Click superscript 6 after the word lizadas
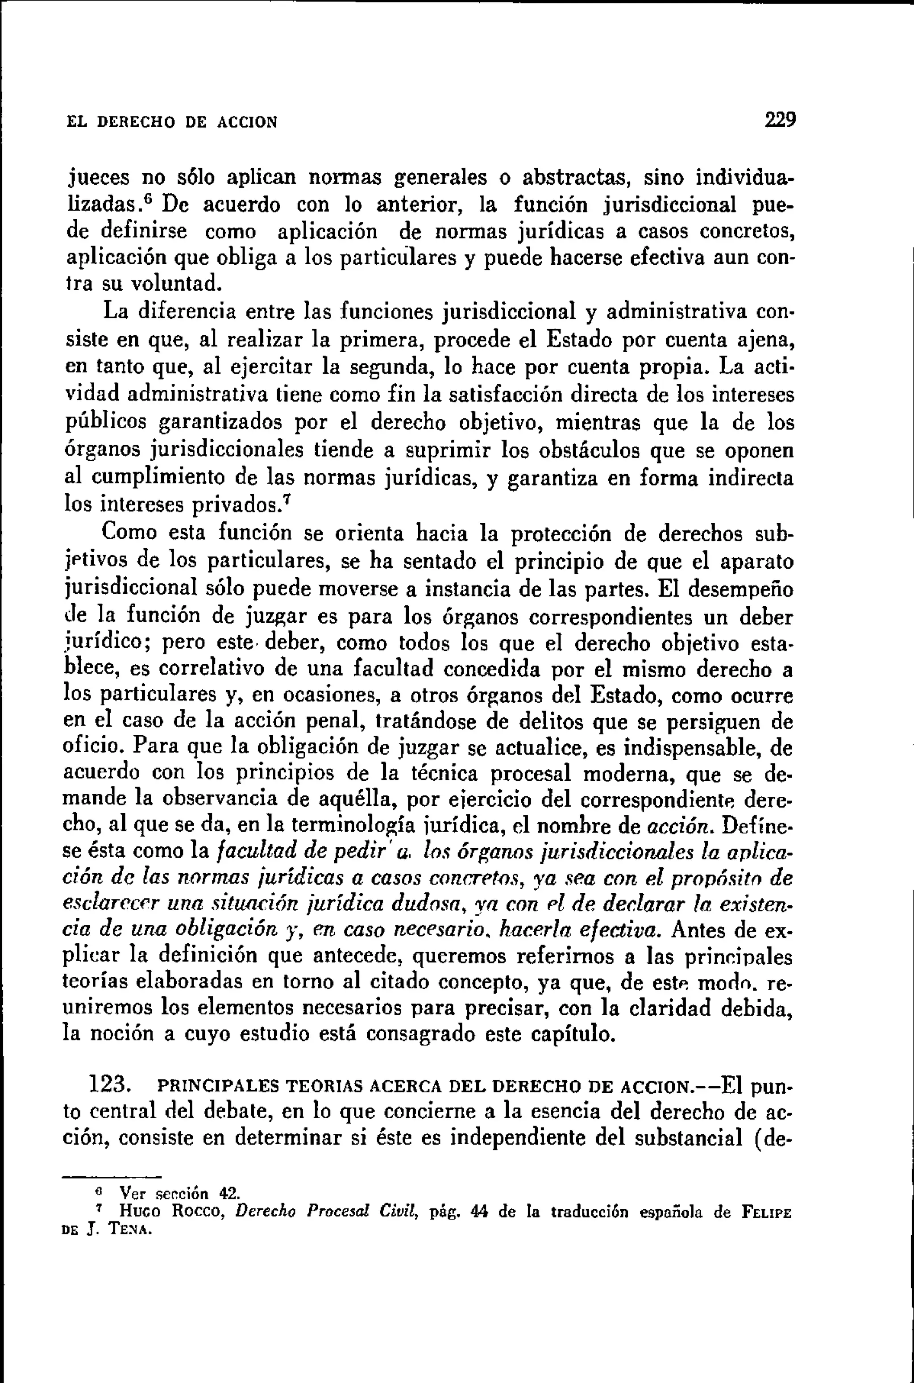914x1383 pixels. point(148,198)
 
